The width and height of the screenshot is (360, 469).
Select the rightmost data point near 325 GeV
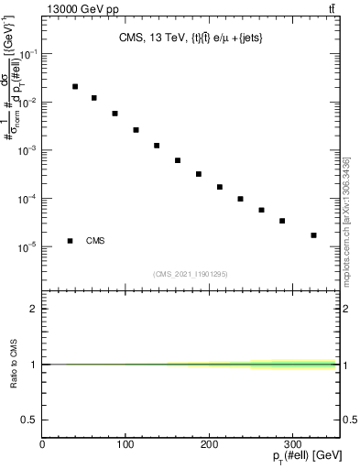tap(313, 235)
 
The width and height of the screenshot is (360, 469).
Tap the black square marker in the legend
tap(70, 241)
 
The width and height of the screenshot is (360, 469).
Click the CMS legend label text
tap(95, 241)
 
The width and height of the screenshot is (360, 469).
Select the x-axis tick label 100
tap(125, 444)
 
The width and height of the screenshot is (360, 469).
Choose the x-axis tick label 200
tap(210, 444)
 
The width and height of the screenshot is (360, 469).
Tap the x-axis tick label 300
tap(293, 444)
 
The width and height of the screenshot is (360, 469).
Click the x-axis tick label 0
tap(42, 444)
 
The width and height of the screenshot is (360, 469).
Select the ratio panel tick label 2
tap(34, 309)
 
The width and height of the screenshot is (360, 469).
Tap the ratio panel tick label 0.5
tap(29, 420)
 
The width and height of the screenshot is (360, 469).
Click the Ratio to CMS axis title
tap(14, 364)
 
